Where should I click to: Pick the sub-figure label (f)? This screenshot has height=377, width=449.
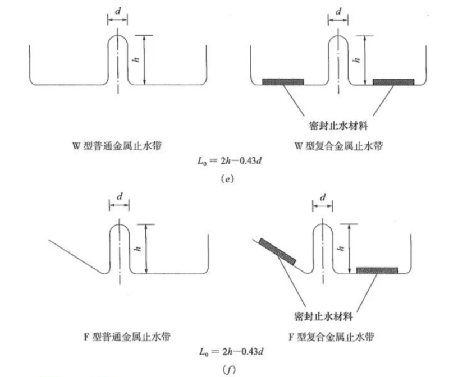pyautogui.click(x=225, y=369)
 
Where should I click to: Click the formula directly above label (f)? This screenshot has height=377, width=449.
pyautogui.click(x=226, y=352)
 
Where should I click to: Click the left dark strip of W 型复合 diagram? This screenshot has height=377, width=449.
pyautogui.click(x=283, y=82)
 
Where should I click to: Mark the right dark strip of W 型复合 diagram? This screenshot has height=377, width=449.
pyautogui.click(x=393, y=82)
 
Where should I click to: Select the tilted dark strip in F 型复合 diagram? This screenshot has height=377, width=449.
pyautogui.click(x=277, y=250)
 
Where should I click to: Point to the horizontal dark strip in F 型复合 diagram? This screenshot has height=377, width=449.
pyautogui.click(x=377, y=270)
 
